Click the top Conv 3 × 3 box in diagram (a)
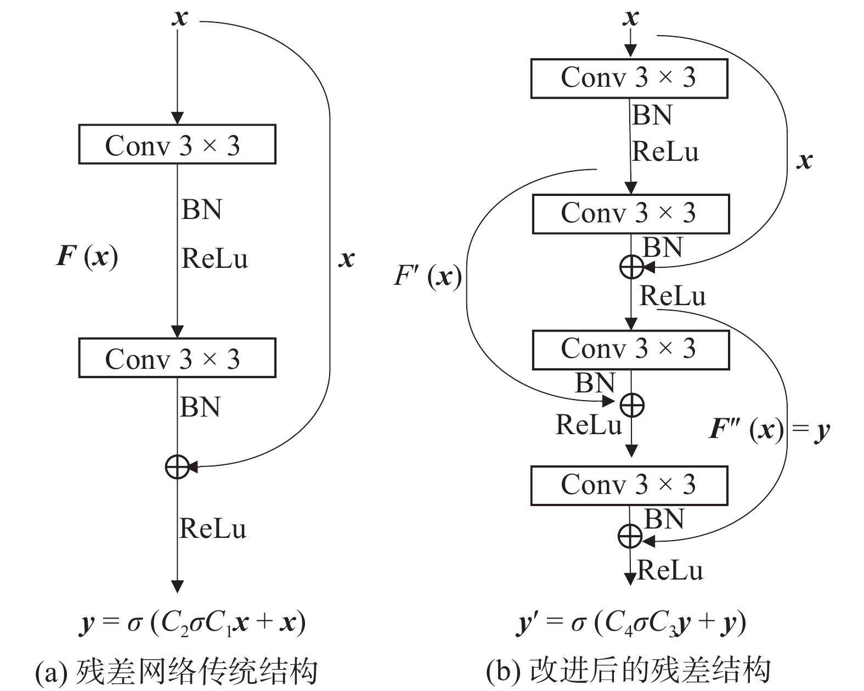pyautogui.click(x=177, y=144)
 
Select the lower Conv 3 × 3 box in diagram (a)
pyautogui.click(x=177, y=358)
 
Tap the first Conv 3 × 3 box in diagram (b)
pyautogui.click(x=629, y=78)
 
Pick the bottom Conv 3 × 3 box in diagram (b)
pyautogui.click(x=629, y=485)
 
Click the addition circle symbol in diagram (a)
pyautogui.click(x=177, y=467)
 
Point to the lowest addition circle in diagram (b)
pyautogui.click(x=630, y=536)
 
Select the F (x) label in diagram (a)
pyautogui.click(x=87, y=257)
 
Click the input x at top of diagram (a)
pyautogui.click(x=179, y=18)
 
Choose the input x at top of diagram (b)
pyautogui.click(x=631, y=18)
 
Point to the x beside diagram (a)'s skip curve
pyautogui.click(x=346, y=259)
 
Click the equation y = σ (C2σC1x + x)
pyautogui.click(x=192, y=623)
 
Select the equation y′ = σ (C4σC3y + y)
pyautogui.click(x=631, y=623)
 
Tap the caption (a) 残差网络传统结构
pyautogui.click(x=177, y=671)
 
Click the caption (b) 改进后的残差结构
pyautogui.click(x=629, y=671)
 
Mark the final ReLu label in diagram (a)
pyautogui.click(x=213, y=529)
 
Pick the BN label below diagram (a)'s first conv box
pyautogui.click(x=201, y=210)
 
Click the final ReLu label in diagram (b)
pyautogui.click(x=670, y=570)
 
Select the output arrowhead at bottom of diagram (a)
pyautogui.click(x=177, y=586)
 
